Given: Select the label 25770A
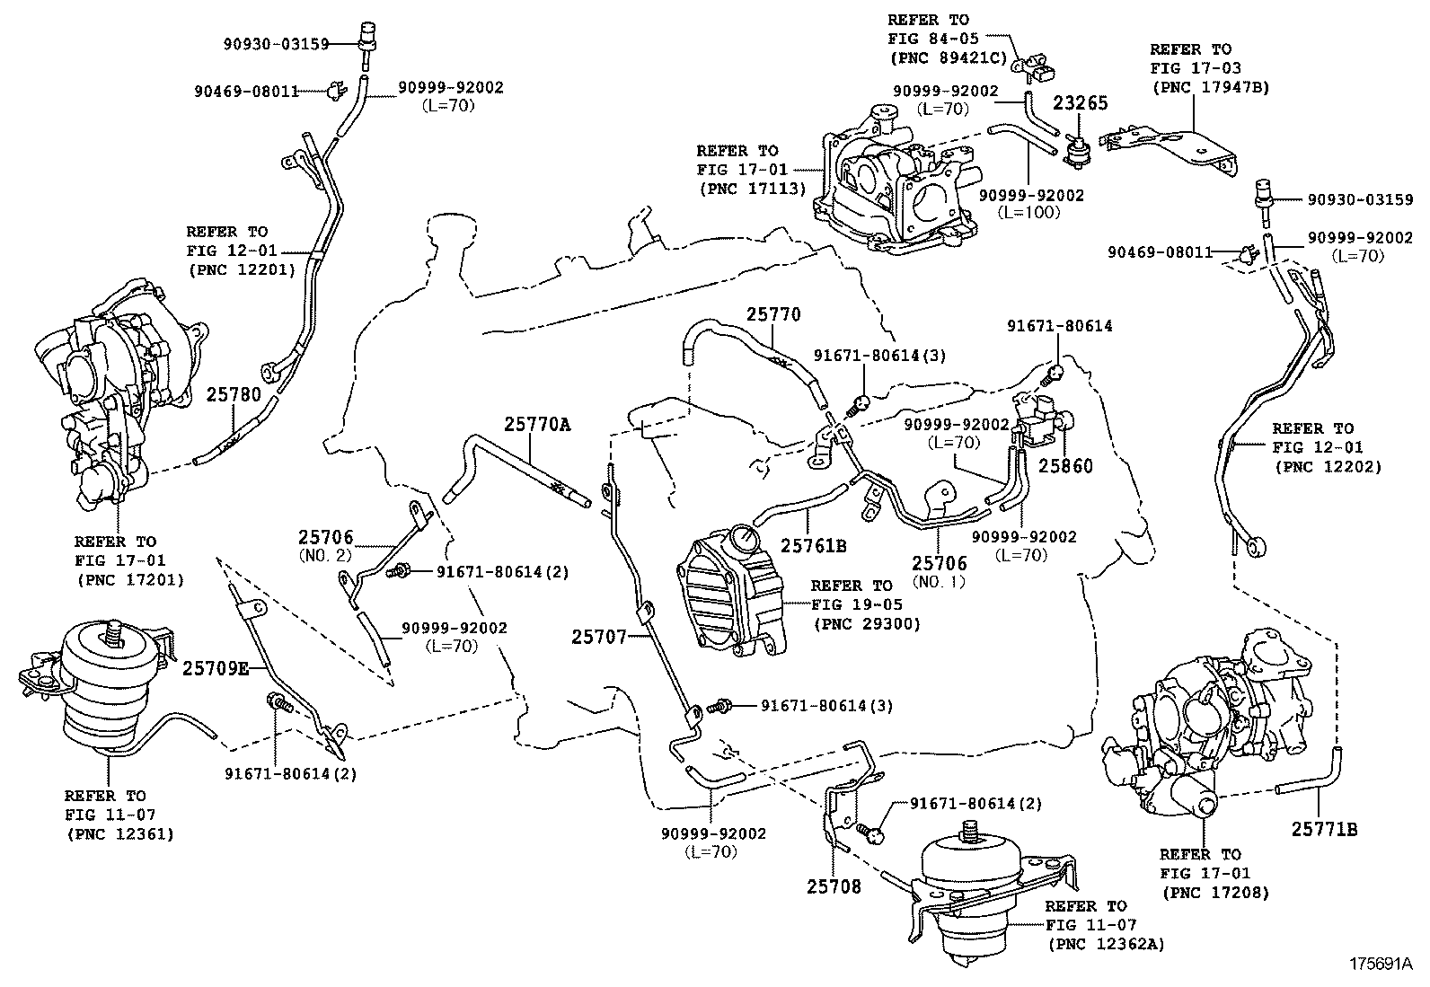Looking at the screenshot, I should (x=536, y=423).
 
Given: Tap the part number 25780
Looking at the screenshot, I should (x=234, y=394).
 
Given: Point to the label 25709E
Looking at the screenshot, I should (x=216, y=668).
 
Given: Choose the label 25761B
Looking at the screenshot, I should (x=814, y=545).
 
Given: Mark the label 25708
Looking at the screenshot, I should (x=834, y=887).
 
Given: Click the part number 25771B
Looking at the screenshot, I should (x=1324, y=830).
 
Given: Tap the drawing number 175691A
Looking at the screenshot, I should (x=1379, y=965).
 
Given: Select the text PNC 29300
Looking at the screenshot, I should (x=866, y=624).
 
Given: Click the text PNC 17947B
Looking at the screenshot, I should (x=1209, y=87).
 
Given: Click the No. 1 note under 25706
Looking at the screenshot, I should (x=939, y=581).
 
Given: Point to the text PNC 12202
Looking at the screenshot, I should (x=1327, y=467).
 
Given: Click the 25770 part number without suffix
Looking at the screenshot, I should (x=772, y=315).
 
